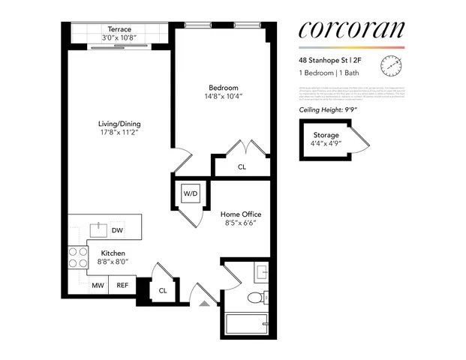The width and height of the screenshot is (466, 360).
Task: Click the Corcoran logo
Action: (x=350, y=30)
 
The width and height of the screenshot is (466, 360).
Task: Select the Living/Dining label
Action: (x=119, y=124)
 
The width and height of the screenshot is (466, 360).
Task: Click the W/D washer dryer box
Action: (x=191, y=195)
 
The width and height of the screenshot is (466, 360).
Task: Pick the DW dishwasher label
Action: (x=118, y=230)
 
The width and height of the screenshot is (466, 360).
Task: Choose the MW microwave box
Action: (x=98, y=285)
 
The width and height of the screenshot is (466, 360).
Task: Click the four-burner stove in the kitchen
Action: (x=78, y=257)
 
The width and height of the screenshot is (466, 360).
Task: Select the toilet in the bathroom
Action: (x=255, y=296)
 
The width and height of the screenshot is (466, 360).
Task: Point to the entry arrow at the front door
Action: (x=206, y=304)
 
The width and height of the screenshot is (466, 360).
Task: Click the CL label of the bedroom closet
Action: (x=242, y=167)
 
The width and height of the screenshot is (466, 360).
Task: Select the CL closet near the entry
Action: (x=163, y=290)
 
